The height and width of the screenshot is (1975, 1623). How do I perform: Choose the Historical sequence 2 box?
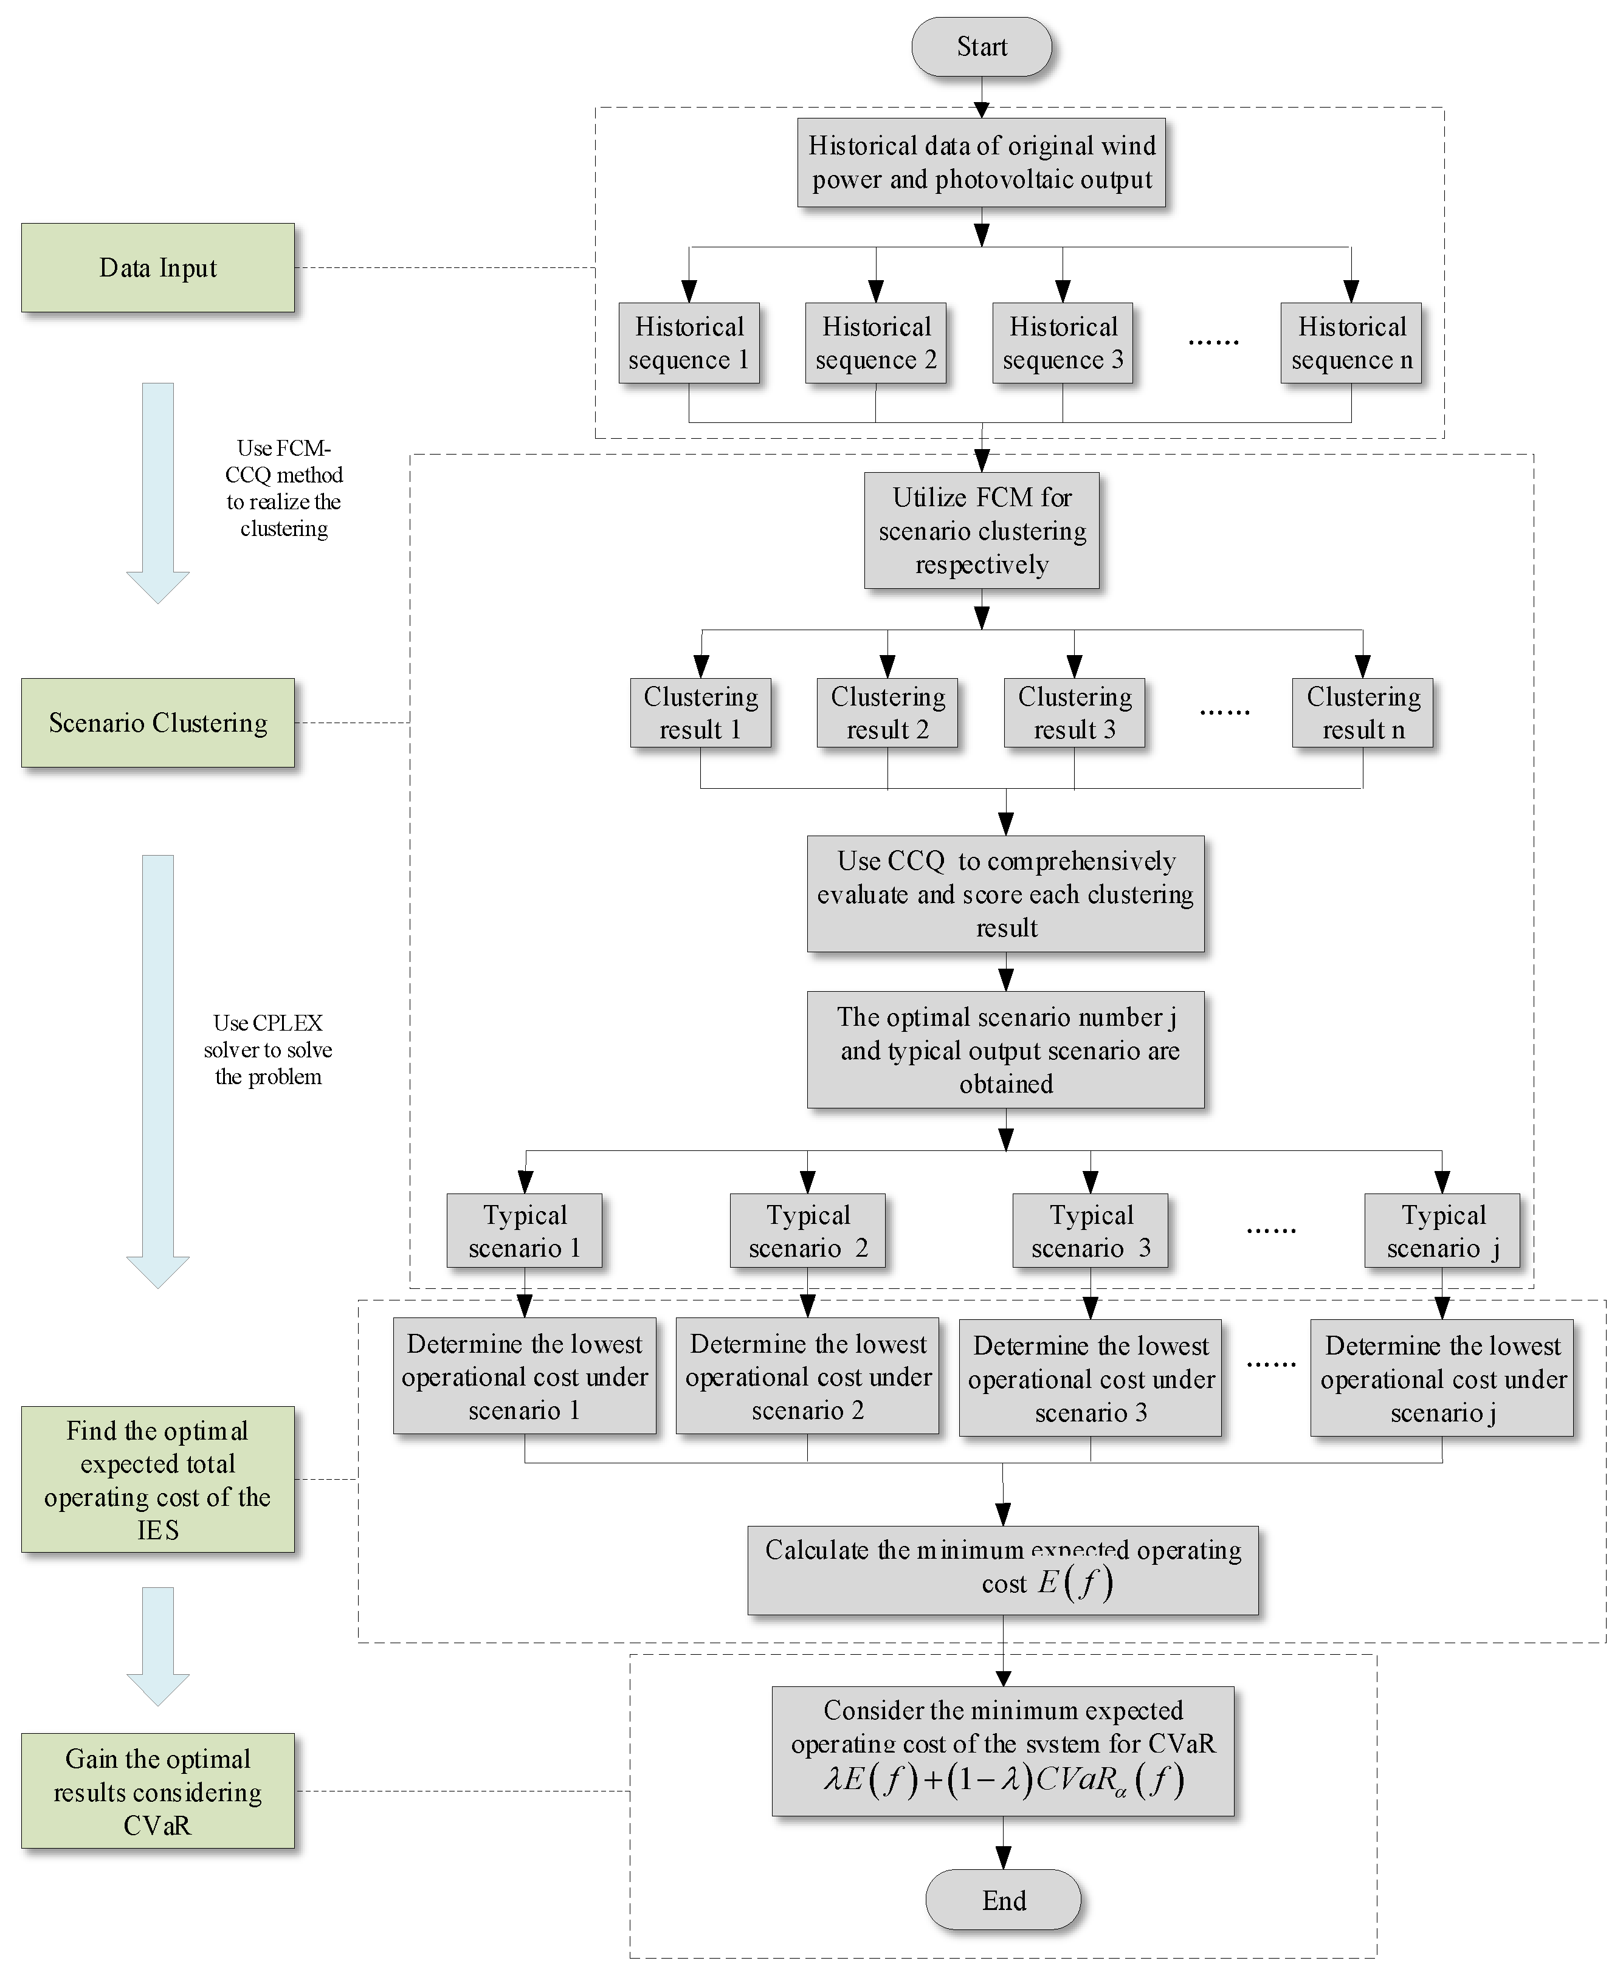(875, 343)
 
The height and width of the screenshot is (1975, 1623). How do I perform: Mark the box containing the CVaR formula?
(1002, 1751)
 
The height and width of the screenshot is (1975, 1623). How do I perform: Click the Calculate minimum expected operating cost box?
(1002, 1569)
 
